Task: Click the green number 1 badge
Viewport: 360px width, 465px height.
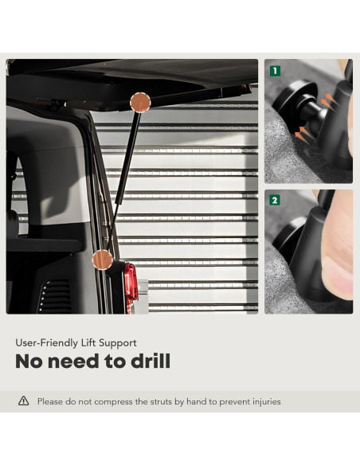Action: [275, 71]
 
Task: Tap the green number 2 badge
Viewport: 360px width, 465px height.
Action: [275, 201]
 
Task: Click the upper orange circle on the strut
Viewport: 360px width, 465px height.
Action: [140, 102]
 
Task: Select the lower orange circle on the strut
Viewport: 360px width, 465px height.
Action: [103, 260]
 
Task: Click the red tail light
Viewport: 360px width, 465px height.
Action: [131, 286]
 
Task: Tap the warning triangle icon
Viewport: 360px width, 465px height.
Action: [23, 401]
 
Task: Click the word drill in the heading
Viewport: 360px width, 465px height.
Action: [151, 361]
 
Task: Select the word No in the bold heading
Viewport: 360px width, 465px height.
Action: [29, 361]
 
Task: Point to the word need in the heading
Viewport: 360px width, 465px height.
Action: [73, 361]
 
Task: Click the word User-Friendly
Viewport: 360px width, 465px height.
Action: [46, 343]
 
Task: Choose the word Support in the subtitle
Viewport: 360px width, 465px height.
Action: [118, 343]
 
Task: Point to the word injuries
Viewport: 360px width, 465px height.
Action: [267, 402]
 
